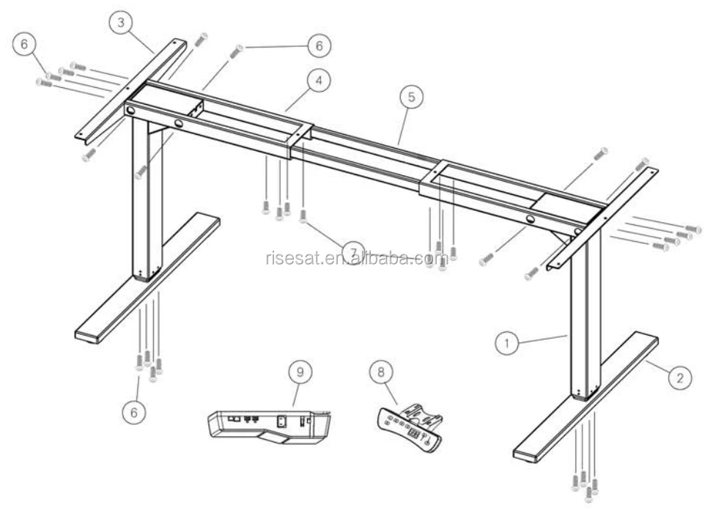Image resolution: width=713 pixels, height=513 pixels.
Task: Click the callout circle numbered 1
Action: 505,341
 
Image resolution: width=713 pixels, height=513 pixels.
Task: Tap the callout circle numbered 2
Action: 679,378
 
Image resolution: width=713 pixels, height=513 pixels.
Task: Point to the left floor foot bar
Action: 147,278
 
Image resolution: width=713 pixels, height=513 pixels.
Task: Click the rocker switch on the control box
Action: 280,421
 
